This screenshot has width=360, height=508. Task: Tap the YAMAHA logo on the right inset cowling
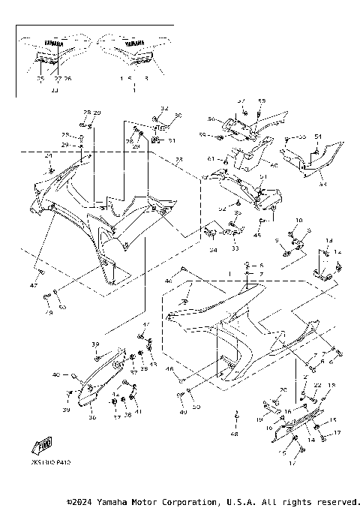coord(135,43)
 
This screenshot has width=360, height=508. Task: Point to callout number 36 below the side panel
coord(93,418)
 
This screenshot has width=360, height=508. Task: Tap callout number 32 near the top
coord(165,108)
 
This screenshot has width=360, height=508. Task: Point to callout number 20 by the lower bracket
coord(283,390)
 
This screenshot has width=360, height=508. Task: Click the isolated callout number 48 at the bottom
coord(236,434)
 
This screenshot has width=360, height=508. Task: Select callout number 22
coord(317,385)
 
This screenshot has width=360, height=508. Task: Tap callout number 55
coord(302,137)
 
